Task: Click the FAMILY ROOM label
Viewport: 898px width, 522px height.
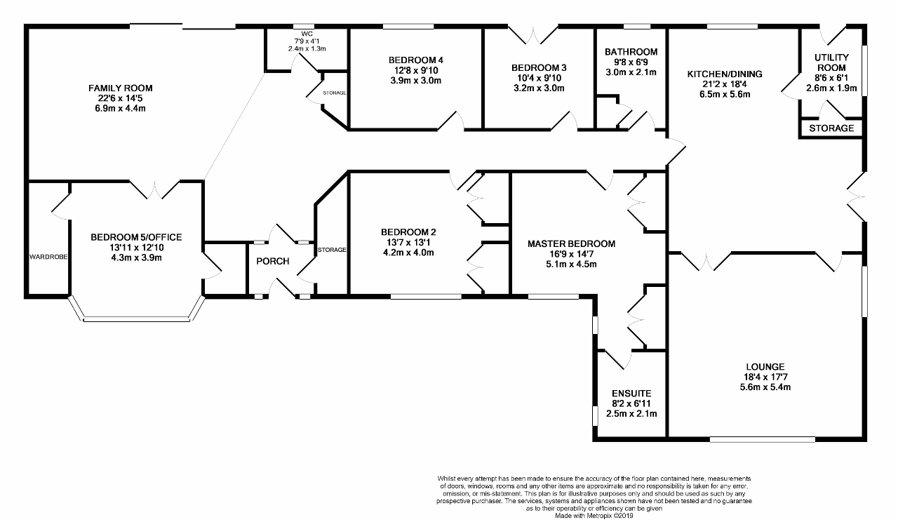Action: coord(120,88)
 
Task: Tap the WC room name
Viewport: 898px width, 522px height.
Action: coord(307,34)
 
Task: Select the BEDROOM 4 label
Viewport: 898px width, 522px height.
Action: coord(416,60)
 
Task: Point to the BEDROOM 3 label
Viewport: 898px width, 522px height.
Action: coord(539,68)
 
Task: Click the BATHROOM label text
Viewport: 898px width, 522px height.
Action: coord(631,52)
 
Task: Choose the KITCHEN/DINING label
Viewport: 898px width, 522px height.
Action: coord(725,74)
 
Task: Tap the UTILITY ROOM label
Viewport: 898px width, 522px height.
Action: coord(831,62)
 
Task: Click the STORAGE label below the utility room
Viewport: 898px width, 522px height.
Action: coord(831,128)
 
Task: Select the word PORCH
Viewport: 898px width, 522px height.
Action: coord(273,262)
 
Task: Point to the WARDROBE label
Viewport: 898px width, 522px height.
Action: coord(48,257)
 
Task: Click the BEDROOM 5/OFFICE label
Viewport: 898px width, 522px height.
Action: coord(136,237)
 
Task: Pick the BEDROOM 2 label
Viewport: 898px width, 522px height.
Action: coord(408,232)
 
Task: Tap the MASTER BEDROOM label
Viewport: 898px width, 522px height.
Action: coord(571,243)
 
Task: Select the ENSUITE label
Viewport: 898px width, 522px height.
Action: coord(631,394)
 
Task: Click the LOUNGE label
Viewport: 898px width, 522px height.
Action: coord(765,367)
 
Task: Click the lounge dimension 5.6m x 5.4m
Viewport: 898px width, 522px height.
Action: coord(765,387)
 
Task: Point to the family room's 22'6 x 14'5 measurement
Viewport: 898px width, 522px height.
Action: coord(120,98)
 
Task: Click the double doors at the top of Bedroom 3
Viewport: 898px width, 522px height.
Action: coord(533,35)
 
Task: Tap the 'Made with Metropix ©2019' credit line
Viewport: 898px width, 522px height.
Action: coord(594,516)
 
